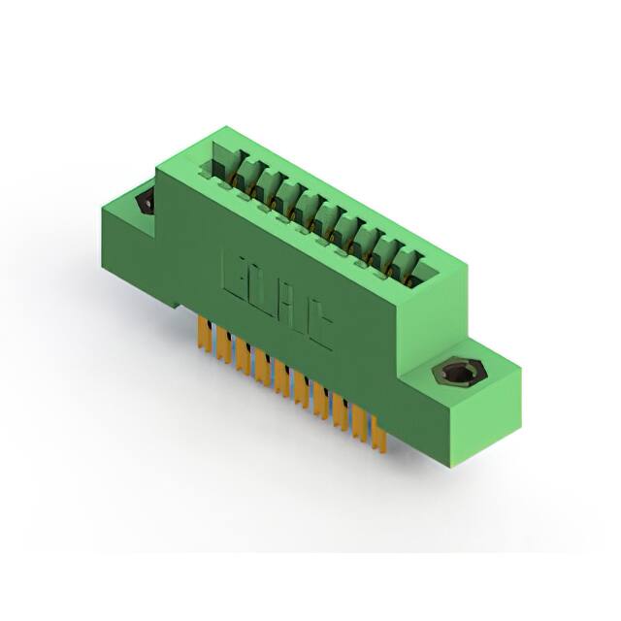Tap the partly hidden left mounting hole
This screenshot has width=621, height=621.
[x=147, y=201]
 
